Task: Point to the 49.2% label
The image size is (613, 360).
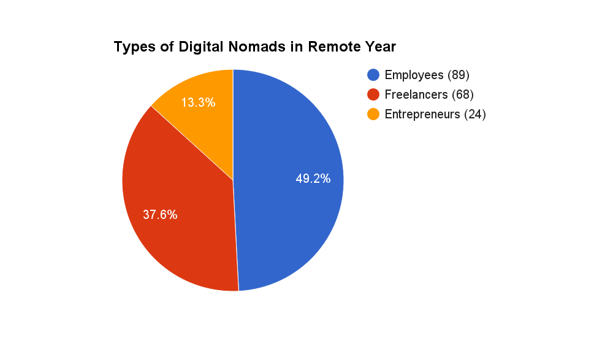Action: pos(313,178)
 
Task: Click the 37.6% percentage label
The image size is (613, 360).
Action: pos(160,215)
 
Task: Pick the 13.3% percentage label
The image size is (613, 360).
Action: pos(198,102)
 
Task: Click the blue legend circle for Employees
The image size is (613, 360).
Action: pos(373,75)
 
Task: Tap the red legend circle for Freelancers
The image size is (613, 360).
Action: pos(373,94)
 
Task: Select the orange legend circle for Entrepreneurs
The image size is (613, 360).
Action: pos(373,114)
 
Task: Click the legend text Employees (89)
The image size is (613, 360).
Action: pos(427,75)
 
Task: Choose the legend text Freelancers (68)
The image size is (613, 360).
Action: pos(429,94)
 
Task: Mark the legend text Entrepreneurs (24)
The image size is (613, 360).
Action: pos(435,114)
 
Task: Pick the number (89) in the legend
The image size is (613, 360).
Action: pos(458,75)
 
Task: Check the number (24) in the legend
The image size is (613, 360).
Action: pos(474,114)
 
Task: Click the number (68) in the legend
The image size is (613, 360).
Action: pos(463,94)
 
